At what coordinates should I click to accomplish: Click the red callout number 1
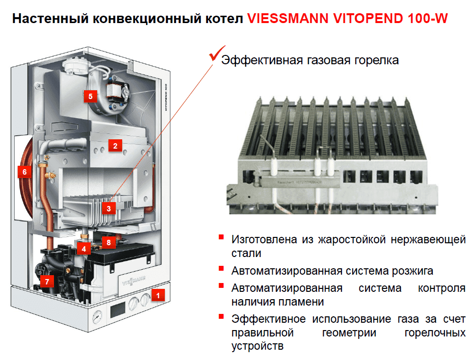pos(158,295)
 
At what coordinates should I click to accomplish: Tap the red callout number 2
pos(115,146)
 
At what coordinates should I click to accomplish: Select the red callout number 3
pos(109,208)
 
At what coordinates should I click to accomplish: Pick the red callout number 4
pos(84,249)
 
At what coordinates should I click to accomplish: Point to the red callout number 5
pos(90,97)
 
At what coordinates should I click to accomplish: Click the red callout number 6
pos(25,172)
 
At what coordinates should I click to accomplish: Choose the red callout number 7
pos(47,282)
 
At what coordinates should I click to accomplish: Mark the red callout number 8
pos(109,242)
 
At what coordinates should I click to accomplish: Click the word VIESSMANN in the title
pos(288,18)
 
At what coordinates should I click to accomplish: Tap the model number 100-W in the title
pos(428,18)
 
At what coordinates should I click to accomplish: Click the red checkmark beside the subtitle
pos(217,53)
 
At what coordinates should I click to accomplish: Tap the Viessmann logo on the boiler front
pos(134,282)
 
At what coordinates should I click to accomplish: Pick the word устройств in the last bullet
pos(258,346)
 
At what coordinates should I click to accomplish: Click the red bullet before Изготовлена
pos(221,237)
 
